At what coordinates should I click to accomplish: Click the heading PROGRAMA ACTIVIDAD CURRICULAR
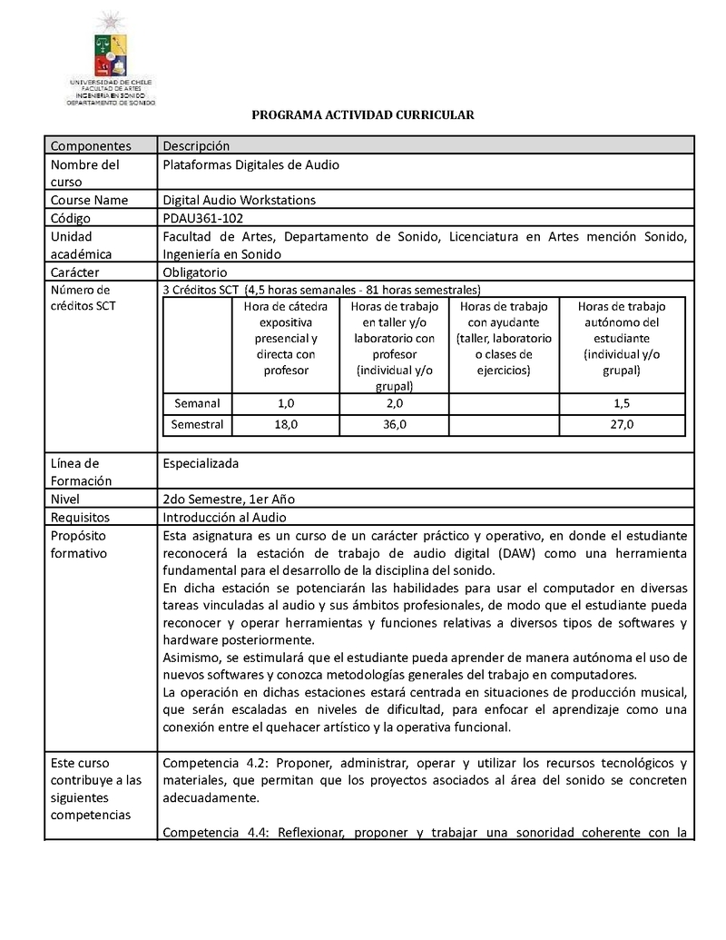tap(363, 115)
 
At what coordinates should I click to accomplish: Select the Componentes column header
tap(91, 146)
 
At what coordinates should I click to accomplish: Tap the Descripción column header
tap(196, 146)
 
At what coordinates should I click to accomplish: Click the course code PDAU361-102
tap(203, 218)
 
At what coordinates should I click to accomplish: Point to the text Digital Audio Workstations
tap(240, 200)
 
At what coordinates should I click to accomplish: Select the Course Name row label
tap(89, 200)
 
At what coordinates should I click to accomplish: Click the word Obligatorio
tap(195, 272)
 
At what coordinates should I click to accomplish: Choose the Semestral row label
tap(197, 424)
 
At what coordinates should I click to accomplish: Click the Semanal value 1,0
tap(284, 402)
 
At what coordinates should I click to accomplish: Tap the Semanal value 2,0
tap(394, 402)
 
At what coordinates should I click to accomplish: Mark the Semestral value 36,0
tap(394, 424)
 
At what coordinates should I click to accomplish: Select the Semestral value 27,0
tap(622, 424)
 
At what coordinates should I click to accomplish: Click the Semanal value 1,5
tap(622, 402)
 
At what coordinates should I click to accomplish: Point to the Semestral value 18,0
tap(284, 424)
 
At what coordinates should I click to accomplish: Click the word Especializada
tap(201, 463)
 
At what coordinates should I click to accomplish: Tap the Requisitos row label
tap(80, 517)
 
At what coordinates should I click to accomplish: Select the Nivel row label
tap(65, 499)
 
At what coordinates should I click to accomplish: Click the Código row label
tap(72, 218)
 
